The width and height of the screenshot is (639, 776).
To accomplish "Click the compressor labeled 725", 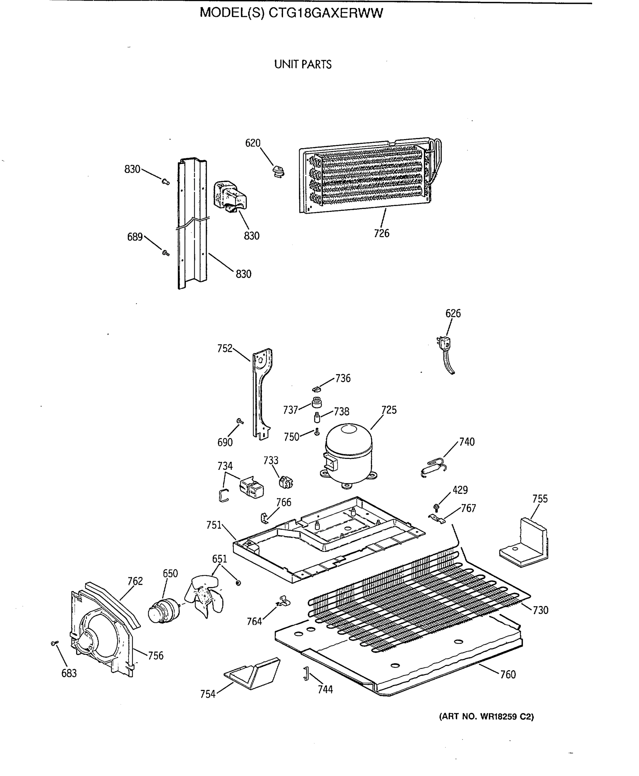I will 348,455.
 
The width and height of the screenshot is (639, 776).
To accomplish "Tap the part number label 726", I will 381,233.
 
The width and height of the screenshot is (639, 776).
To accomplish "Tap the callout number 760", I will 508,674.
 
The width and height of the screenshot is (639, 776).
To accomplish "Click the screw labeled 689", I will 166,253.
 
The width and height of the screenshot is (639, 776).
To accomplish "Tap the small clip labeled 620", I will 279,171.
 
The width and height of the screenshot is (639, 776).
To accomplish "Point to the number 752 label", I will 225,348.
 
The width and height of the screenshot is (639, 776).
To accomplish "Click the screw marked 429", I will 436,507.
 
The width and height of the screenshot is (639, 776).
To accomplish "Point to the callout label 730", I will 540,610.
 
